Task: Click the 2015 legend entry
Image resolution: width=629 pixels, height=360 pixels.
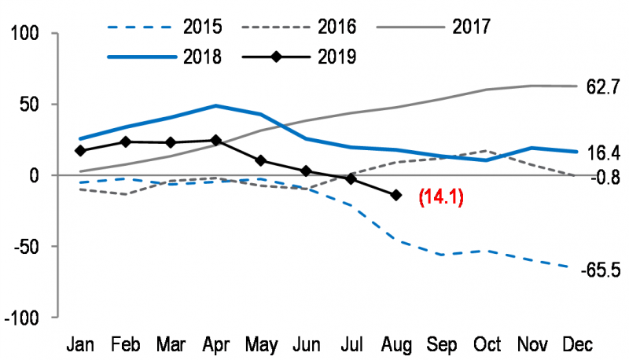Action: (x=171, y=28)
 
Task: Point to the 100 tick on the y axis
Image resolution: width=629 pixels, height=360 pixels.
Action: (x=28, y=35)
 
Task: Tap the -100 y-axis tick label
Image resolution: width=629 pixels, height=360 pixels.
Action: (x=26, y=318)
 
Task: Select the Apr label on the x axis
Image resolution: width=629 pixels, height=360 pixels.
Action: (x=215, y=344)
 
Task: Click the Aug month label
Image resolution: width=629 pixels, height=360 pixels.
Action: (x=395, y=344)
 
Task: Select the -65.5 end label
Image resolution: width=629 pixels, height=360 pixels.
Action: (x=601, y=270)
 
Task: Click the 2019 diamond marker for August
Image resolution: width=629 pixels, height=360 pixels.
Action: (x=395, y=195)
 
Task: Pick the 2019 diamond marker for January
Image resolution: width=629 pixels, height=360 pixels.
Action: (x=80, y=150)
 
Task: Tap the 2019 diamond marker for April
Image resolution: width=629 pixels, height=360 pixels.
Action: (x=215, y=141)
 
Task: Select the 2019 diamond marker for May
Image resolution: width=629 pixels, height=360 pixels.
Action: (x=260, y=161)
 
